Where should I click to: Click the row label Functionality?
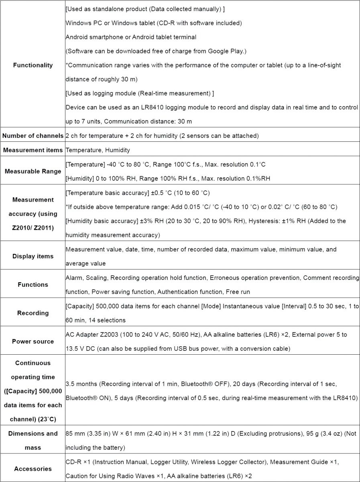click(x=33, y=65)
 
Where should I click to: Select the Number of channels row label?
click(x=33, y=136)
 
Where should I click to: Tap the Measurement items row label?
click(x=33, y=150)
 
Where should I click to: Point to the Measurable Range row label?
click(x=33, y=171)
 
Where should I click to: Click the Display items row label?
click(x=33, y=256)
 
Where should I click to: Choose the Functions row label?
click(x=33, y=284)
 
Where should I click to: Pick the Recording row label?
click(x=33, y=313)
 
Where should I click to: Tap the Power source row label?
click(x=33, y=341)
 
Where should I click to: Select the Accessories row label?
click(x=33, y=469)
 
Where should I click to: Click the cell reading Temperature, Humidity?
click(x=98, y=150)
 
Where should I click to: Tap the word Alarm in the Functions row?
click(x=73, y=278)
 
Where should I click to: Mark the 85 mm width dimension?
click(x=73, y=433)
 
